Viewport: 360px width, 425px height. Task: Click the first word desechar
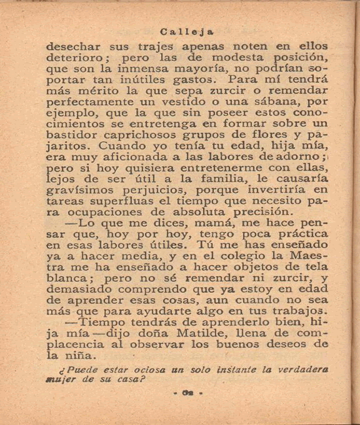pos(73,47)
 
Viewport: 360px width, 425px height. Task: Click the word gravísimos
pos(82,190)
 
